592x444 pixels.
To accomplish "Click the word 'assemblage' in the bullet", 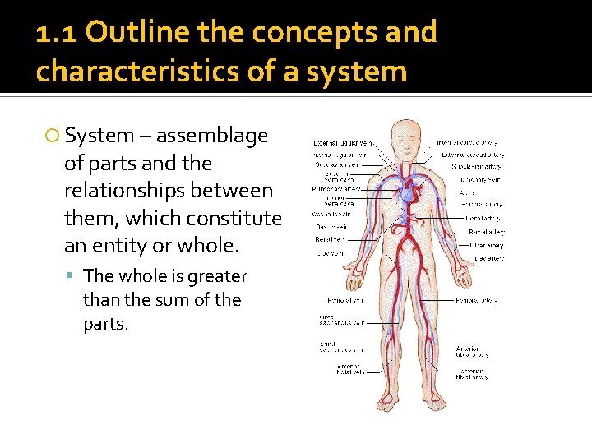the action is (x=211, y=135).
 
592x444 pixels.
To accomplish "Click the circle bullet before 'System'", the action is (x=53, y=136).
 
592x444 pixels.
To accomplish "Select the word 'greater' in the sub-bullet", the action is (x=216, y=276).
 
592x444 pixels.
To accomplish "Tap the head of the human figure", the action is (x=402, y=136).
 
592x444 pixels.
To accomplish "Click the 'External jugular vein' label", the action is (x=343, y=142).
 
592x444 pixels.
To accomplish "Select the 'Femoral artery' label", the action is (x=476, y=301).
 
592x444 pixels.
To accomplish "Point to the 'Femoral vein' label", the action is (x=338, y=301).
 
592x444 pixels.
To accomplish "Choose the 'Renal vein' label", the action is (x=331, y=239).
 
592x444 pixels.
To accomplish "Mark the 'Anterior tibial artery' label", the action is (x=472, y=351).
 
